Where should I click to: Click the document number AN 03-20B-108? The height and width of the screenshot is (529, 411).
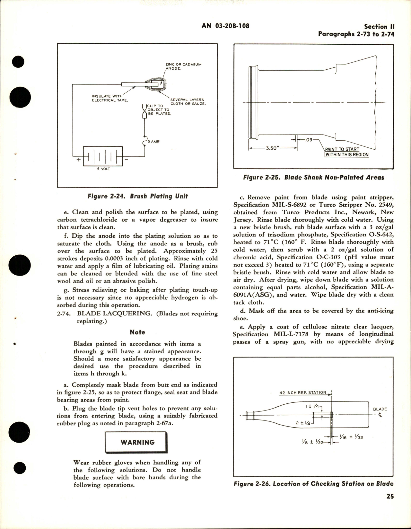tap(225, 26)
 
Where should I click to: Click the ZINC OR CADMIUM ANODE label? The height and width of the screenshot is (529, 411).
tap(183, 66)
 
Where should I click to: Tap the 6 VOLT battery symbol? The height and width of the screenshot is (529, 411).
tap(103, 156)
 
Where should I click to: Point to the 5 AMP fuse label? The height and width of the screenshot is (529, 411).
tap(153, 141)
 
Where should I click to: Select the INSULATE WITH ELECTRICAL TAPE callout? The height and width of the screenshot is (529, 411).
tap(109, 98)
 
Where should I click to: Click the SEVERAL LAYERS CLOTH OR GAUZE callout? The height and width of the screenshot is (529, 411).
tap(187, 101)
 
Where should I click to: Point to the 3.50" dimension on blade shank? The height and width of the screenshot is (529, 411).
tap(272, 149)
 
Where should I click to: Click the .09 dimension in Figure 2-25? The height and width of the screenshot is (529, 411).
tap(309, 140)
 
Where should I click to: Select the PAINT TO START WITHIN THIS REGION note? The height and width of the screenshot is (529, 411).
tap(347, 152)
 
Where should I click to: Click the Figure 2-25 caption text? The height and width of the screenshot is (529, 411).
tap(313, 177)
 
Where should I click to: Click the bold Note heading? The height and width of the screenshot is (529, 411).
tap(137, 332)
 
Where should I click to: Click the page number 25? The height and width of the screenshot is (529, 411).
tap(390, 496)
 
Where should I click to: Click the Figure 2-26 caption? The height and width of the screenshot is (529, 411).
tap(313, 484)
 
